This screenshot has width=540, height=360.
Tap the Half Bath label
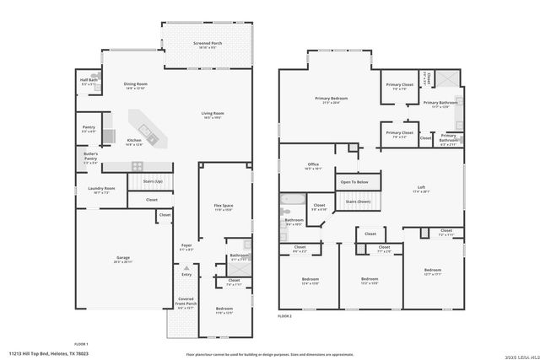point(89,82)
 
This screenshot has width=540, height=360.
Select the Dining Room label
point(136,85)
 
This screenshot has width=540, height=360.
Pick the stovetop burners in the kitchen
point(136,165)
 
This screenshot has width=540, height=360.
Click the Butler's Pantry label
point(90,157)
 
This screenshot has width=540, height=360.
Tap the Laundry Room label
point(101,190)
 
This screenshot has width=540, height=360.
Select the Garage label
point(122,259)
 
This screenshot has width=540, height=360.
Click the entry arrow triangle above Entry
point(186,268)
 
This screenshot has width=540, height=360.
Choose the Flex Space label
point(223,207)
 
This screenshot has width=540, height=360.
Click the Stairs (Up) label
point(152,181)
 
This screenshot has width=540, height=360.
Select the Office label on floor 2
point(313,165)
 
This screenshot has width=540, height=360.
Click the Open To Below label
point(354,181)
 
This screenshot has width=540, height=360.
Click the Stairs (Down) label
point(359,201)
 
